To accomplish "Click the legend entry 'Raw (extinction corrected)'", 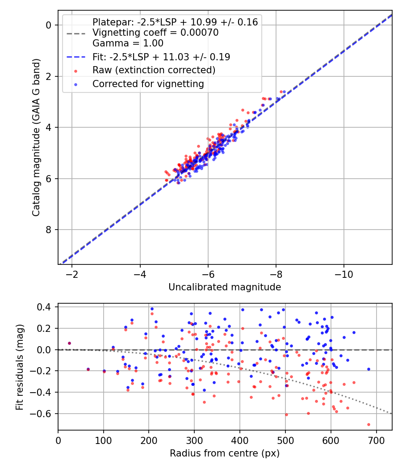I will click(x=154, y=70).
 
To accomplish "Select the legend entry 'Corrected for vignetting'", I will click(x=148, y=84).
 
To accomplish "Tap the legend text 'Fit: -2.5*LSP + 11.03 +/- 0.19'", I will click(x=161, y=57).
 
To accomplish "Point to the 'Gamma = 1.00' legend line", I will click(x=128, y=43).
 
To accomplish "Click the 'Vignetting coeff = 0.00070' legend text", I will click(x=155, y=33).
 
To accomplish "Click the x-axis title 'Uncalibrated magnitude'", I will click(x=225, y=287).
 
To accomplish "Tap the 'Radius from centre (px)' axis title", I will click(x=225, y=453).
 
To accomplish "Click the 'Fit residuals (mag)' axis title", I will click(x=19, y=367).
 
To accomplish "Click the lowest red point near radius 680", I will click(x=368, y=424).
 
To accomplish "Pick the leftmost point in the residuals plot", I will click(x=69, y=343).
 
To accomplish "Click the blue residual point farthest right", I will click(x=368, y=369).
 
